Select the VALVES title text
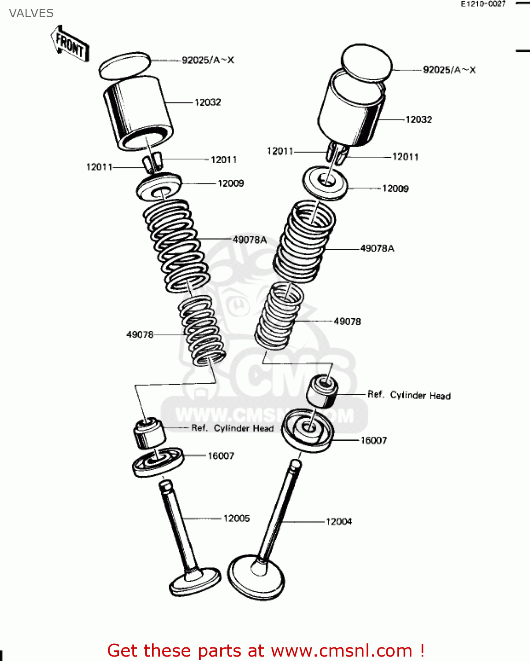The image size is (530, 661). click(31, 13)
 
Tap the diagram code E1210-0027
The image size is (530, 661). click(483, 4)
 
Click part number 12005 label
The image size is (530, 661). click(237, 519)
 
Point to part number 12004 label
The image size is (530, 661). click(339, 522)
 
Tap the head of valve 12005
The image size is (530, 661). click(195, 581)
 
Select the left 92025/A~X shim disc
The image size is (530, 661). click(125, 66)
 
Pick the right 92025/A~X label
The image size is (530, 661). click(449, 70)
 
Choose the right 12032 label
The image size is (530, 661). click(419, 120)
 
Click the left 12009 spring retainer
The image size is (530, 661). click(159, 187)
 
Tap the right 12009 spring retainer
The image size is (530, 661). click(325, 182)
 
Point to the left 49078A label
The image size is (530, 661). click(249, 240)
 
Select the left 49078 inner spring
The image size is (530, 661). click(202, 330)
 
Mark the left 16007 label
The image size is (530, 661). click(221, 456)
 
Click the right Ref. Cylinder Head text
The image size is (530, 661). click(409, 395)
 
